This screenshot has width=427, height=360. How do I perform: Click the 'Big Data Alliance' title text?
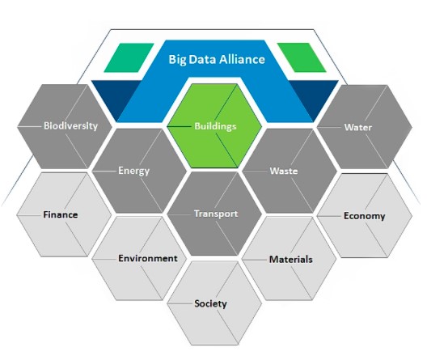pyautogui.click(x=217, y=59)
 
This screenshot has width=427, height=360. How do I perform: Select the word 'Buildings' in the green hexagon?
pyautogui.click(x=215, y=126)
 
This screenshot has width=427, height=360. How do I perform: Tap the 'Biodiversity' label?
pyautogui.click(x=71, y=126)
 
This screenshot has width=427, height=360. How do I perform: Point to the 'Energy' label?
pyautogui.click(x=134, y=171)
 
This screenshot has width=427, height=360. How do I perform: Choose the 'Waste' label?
pyautogui.click(x=284, y=171)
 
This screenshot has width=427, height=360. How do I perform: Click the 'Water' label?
pyautogui.click(x=357, y=127)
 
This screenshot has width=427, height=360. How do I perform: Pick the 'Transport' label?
pyautogui.click(x=216, y=214)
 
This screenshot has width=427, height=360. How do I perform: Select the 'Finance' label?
pyautogui.click(x=61, y=215)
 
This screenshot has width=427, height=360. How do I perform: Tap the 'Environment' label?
pyautogui.click(x=148, y=258)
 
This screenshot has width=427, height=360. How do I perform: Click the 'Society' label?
pyautogui.click(x=210, y=303)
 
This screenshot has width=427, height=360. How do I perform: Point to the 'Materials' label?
pyautogui.click(x=291, y=259)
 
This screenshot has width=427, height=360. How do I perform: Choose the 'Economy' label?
pyautogui.click(x=365, y=216)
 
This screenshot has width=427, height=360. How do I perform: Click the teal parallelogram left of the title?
pyautogui.click(x=129, y=57)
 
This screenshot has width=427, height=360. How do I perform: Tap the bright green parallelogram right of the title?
pyautogui.click(x=302, y=57)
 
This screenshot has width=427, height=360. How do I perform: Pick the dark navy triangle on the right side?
pyautogui.click(x=314, y=99)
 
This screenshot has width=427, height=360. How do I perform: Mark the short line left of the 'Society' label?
pyautogui.click(x=180, y=303)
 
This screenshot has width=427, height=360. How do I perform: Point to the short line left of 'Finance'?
pyautogui.click(x=30, y=215)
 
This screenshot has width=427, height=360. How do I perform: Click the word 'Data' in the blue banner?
pyautogui.click(x=202, y=59)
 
